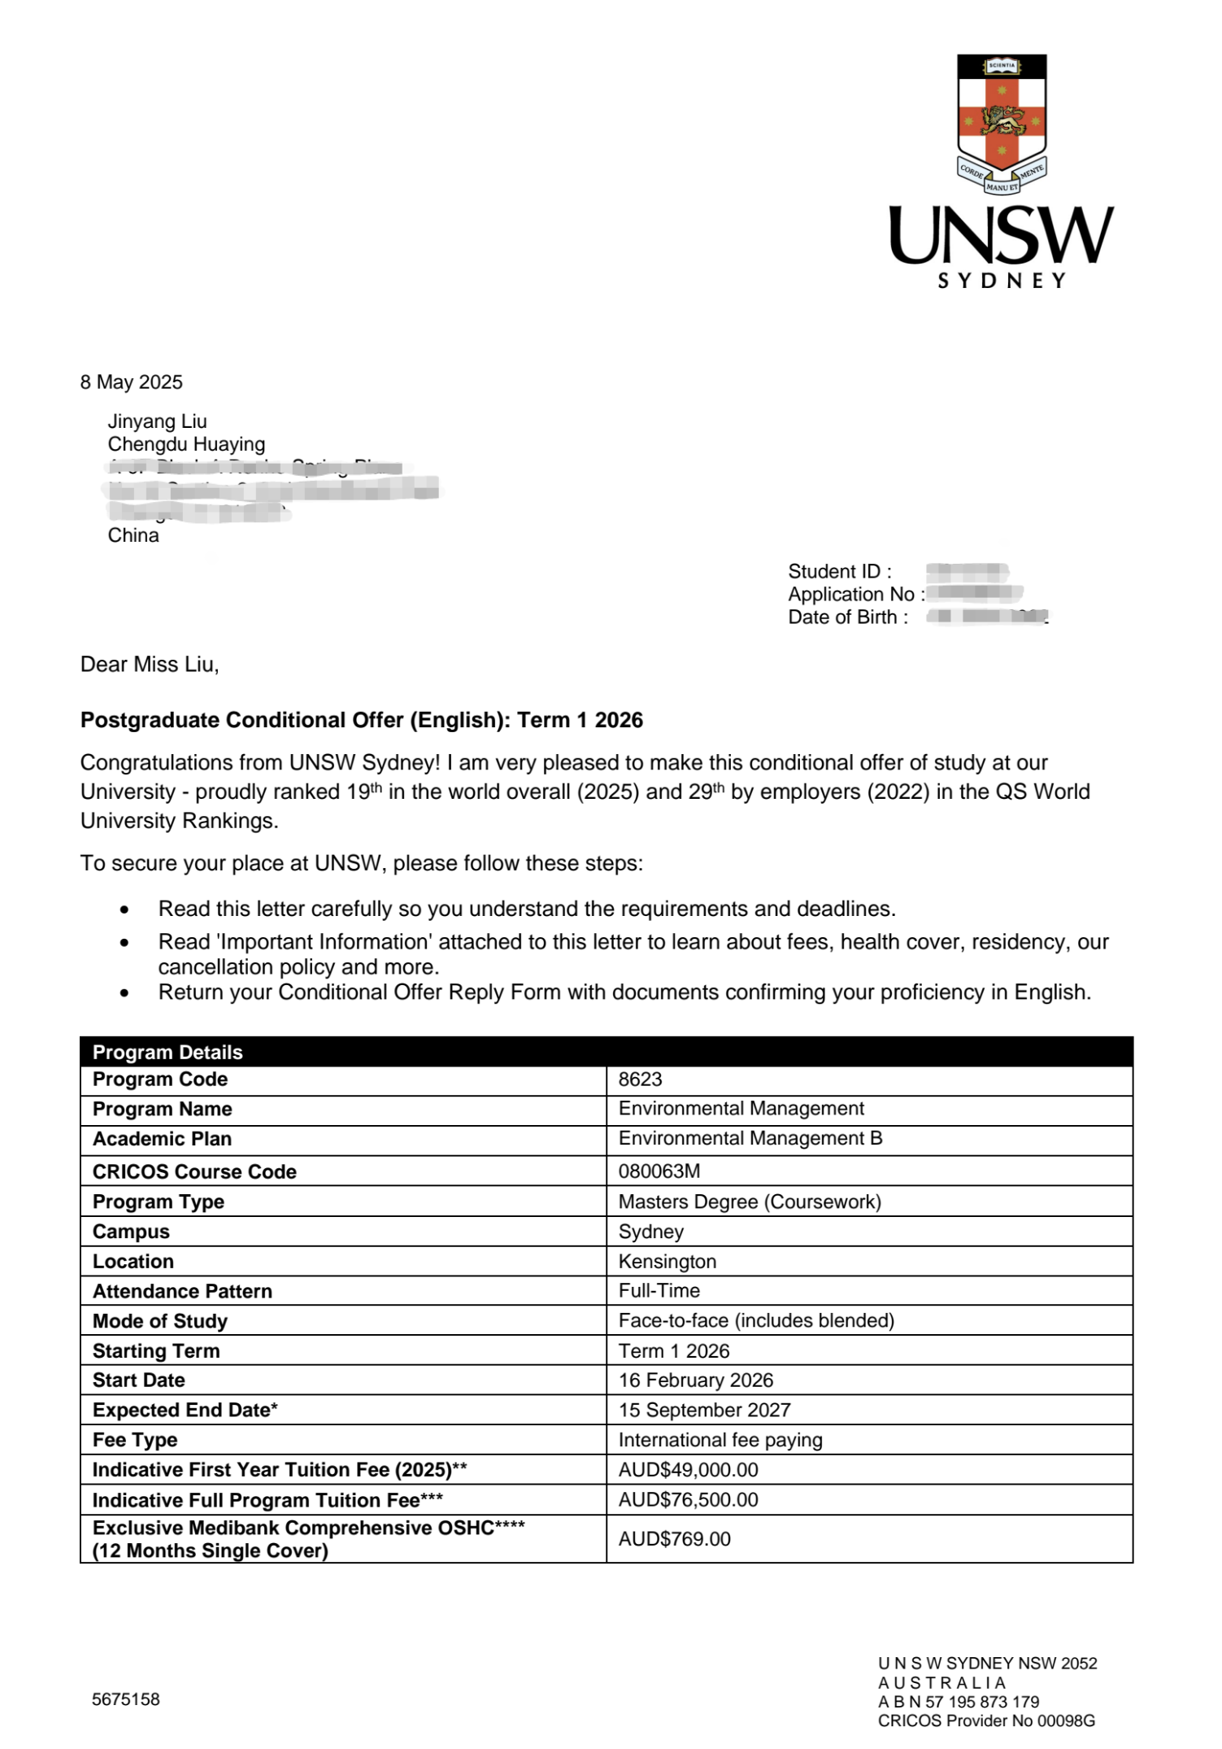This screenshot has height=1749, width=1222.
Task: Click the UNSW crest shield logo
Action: pyautogui.click(x=1002, y=122)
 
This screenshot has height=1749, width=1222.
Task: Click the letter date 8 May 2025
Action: pyautogui.click(x=132, y=382)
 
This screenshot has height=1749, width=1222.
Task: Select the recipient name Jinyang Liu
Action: pyautogui.click(x=158, y=421)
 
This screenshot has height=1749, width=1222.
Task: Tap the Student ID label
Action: pyautogui.click(x=840, y=571)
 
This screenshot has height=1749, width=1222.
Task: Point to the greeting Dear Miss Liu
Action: pyautogui.click(x=150, y=665)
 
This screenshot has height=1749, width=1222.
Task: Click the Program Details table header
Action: pyautogui.click(x=167, y=1052)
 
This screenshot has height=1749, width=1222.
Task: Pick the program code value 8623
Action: pyautogui.click(x=641, y=1079)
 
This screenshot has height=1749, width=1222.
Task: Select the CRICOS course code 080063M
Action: pyautogui.click(x=659, y=1171)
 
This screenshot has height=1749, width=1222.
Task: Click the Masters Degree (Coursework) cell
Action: pyautogui.click(x=750, y=1202)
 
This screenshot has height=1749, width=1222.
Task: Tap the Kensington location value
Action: pyautogui.click(x=668, y=1262)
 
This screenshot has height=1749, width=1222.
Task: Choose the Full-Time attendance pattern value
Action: pyautogui.click(x=659, y=1291)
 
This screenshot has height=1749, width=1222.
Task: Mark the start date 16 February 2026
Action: pyautogui.click(x=696, y=1380)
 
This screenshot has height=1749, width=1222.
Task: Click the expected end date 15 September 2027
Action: pyautogui.click(x=705, y=1410)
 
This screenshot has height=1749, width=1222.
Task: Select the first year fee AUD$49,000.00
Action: pyautogui.click(x=689, y=1470)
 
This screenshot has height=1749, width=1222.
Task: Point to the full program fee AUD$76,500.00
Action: pyautogui.click(x=689, y=1500)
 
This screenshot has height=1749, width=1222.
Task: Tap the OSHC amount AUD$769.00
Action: pyautogui.click(x=675, y=1539)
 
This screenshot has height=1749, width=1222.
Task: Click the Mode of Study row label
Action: pyautogui.click(x=160, y=1321)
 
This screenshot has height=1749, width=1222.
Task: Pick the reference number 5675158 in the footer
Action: pyautogui.click(x=126, y=1699)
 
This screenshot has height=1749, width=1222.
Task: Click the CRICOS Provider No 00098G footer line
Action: pyautogui.click(x=986, y=1721)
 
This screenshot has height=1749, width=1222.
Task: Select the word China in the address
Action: pyautogui.click(x=133, y=535)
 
